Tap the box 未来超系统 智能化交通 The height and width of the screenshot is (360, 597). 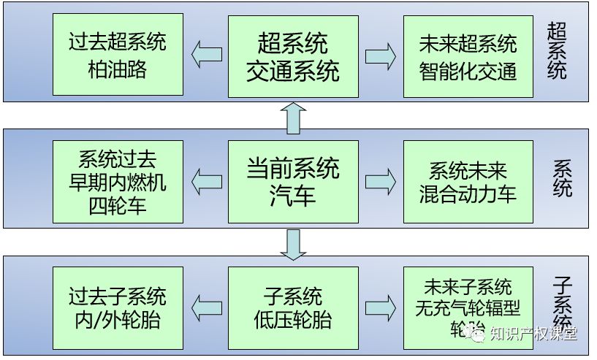pyautogui.click(x=468, y=55)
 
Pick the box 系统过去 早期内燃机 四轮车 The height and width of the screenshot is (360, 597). pyautogui.click(x=118, y=182)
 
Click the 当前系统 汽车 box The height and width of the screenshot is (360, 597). pyautogui.click(x=293, y=182)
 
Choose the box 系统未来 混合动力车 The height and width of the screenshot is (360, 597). pyautogui.click(x=468, y=182)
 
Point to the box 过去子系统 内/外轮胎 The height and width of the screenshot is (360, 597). pyautogui.click(x=118, y=307)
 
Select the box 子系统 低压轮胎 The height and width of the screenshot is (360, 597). pyautogui.click(x=293, y=307)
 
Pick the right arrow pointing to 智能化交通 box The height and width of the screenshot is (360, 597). pyautogui.click(x=381, y=55)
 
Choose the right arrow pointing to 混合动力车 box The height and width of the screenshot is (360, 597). pyautogui.click(x=381, y=182)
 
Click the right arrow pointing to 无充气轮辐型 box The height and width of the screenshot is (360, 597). pyautogui.click(x=381, y=307)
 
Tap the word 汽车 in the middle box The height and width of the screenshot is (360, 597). pyautogui.click(x=293, y=196)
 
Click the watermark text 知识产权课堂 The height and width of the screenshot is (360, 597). pyautogui.click(x=533, y=334)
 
